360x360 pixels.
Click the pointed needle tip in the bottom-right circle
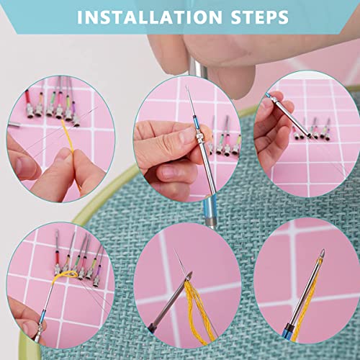pos(323,253)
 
